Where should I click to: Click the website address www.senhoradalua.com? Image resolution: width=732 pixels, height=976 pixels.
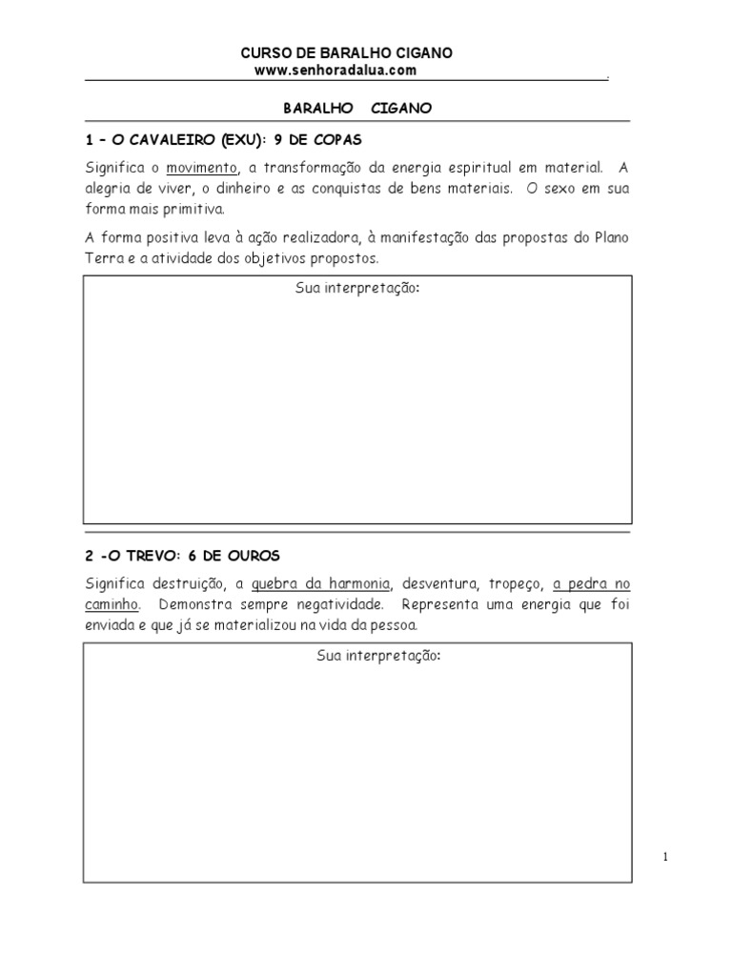click(335, 71)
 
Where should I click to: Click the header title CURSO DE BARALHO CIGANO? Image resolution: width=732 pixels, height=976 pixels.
click(347, 53)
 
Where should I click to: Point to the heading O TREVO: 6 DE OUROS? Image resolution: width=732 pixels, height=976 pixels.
click(183, 555)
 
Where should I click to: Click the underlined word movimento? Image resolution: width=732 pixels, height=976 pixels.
click(201, 168)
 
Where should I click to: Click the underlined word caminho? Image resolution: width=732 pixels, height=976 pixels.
click(112, 604)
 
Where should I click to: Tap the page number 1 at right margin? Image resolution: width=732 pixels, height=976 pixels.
click(666, 858)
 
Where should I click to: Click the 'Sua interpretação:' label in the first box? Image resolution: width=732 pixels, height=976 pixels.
click(357, 288)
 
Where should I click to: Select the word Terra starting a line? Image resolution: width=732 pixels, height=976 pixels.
click(104, 258)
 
